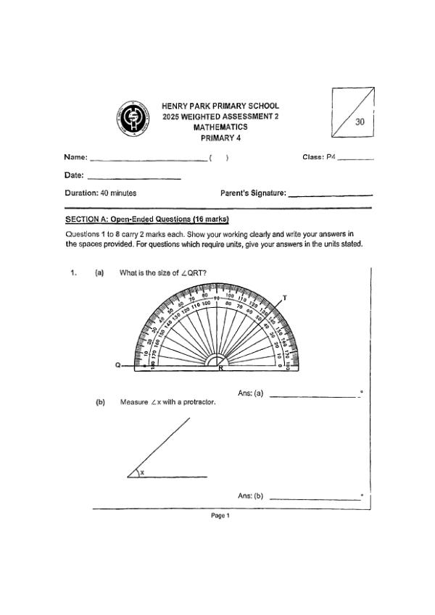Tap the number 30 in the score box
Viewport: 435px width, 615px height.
(x=360, y=122)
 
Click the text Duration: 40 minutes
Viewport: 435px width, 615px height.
(x=100, y=193)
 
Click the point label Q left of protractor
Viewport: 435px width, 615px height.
(x=118, y=367)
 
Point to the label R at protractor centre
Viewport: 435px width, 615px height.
(x=220, y=369)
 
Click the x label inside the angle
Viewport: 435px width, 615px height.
(x=142, y=472)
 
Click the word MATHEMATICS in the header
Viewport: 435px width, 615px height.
(x=220, y=127)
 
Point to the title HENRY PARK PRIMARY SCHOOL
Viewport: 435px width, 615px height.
(x=220, y=106)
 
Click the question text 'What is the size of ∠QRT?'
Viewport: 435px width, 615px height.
(x=163, y=273)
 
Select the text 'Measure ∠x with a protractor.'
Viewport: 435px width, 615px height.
(x=168, y=402)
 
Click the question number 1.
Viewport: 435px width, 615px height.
(x=72, y=273)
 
